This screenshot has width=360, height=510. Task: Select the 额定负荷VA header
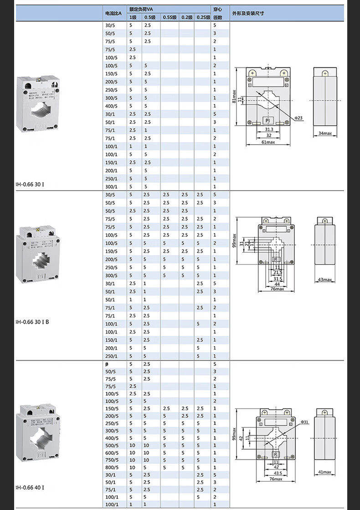141,9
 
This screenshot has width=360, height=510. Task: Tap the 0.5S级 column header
170,17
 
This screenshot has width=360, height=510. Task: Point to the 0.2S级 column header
203,17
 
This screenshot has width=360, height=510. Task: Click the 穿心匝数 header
218,13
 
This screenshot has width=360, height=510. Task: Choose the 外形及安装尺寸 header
248,13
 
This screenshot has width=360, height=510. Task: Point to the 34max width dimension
324,133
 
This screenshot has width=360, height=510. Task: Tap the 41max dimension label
325,472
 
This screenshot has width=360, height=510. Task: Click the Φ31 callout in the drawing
305,422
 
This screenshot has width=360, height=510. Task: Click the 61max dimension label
268,143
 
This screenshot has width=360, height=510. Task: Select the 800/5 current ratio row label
112,467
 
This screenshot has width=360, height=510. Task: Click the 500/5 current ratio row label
112,445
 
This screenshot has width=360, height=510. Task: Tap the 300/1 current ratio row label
112,187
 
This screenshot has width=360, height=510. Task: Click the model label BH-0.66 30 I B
32,322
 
